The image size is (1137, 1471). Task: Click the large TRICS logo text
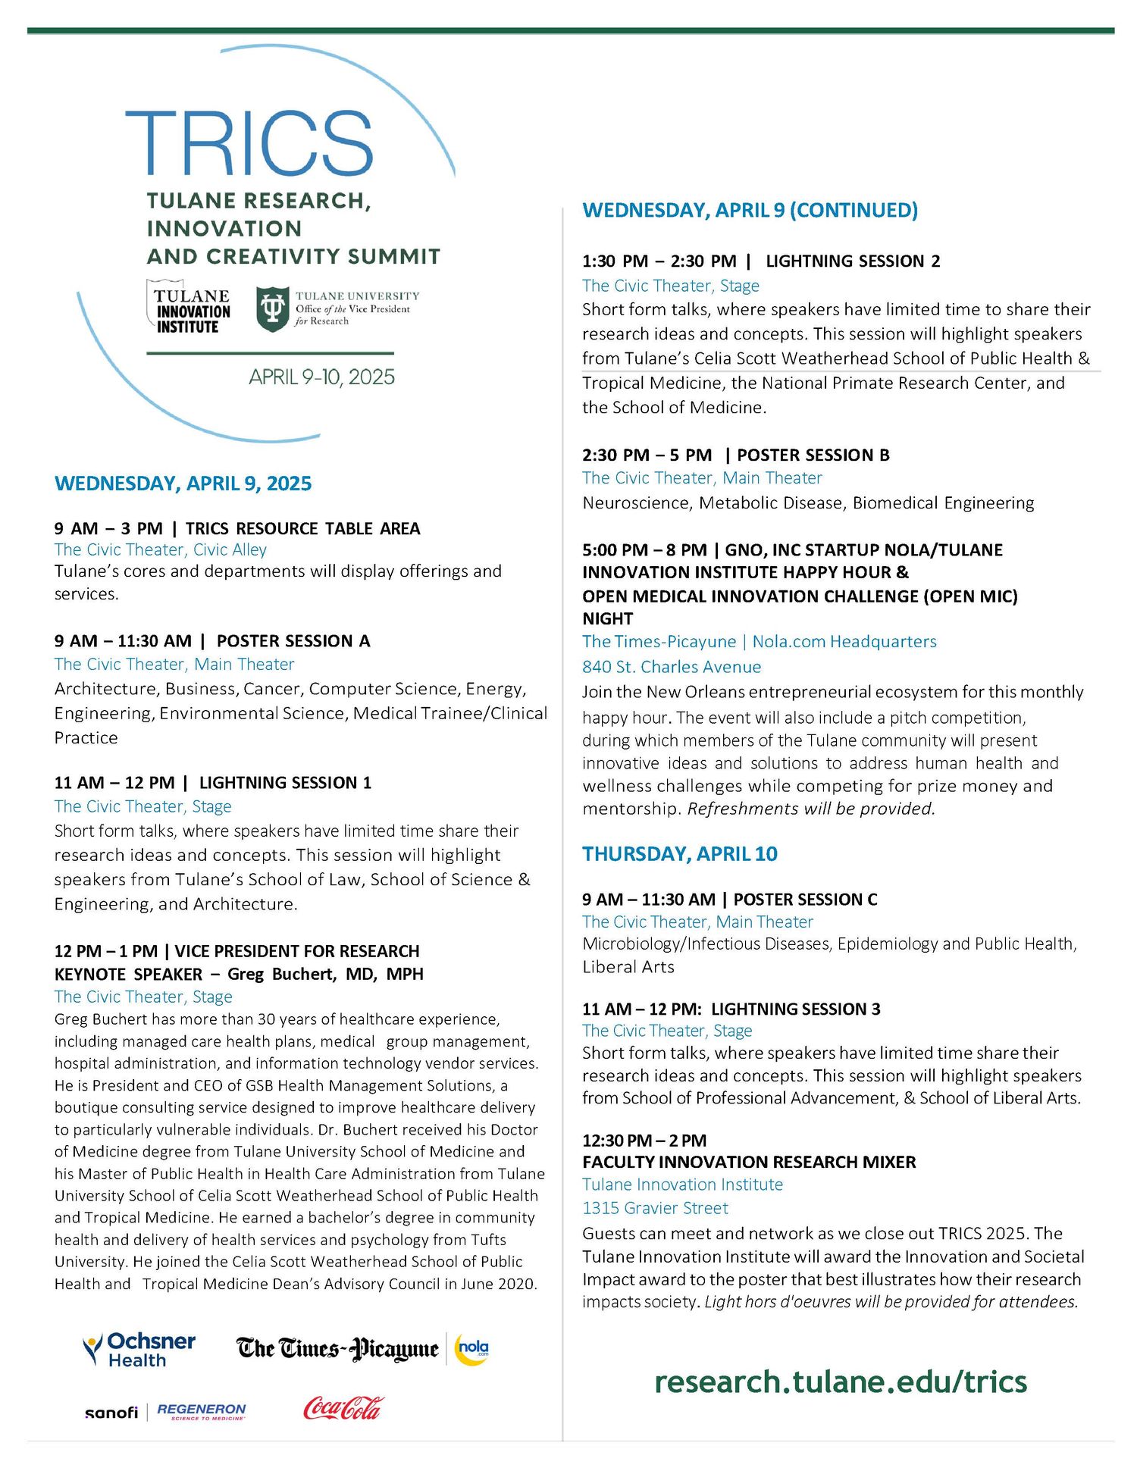pyautogui.click(x=249, y=144)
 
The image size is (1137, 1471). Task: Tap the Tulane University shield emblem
pyautogui.click(x=272, y=309)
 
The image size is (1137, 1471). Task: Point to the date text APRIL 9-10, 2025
pyautogui.click(x=321, y=377)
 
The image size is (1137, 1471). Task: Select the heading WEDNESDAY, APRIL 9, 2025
pyautogui.click(x=183, y=484)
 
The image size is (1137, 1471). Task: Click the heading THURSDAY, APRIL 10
pyautogui.click(x=679, y=854)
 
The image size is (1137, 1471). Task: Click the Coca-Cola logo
pyautogui.click(x=343, y=1407)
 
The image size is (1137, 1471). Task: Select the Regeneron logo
pyautogui.click(x=201, y=1410)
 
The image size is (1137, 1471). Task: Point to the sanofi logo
pyautogui.click(x=111, y=1413)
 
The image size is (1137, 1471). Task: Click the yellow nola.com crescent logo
pyautogui.click(x=471, y=1349)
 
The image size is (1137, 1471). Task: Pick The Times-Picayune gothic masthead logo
pyautogui.click(x=337, y=1349)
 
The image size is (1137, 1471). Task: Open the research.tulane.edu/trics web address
pyautogui.click(x=840, y=1382)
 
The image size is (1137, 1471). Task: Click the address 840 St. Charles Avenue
pyautogui.click(x=672, y=667)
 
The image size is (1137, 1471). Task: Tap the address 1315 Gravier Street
pyautogui.click(x=655, y=1208)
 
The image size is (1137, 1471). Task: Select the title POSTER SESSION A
pyautogui.click(x=293, y=641)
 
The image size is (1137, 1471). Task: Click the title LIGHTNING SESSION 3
pyautogui.click(x=795, y=1009)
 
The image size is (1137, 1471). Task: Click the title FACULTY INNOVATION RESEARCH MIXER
pyautogui.click(x=749, y=1162)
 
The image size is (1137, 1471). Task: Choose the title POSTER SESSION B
pyautogui.click(x=813, y=455)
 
